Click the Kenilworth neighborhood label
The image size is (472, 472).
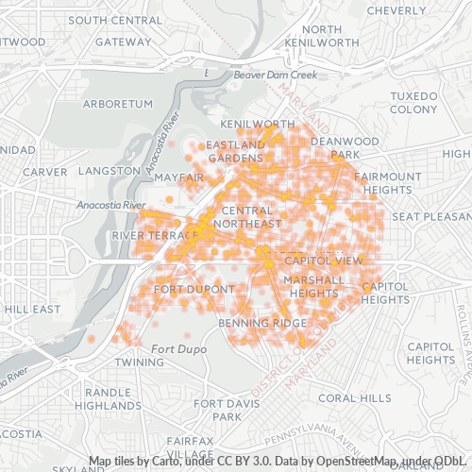pyautogui.click(x=258, y=124)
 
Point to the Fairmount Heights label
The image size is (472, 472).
pyautogui.click(x=389, y=183)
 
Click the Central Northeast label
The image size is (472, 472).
pyautogui.click(x=247, y=217)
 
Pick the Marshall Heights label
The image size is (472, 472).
pyautogui.click(x=313, y=286)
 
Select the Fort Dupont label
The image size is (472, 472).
pyautogui.click(x=194, y=289)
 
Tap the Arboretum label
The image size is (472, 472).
pyautogui.click(x=117, y=103)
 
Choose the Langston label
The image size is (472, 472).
pyautogui.click(x=110, y=171)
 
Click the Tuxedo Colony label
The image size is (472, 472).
pyautogui.click(x=414, y=103)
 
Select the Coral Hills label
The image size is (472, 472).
pyautogui.click(x=354, y=398)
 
